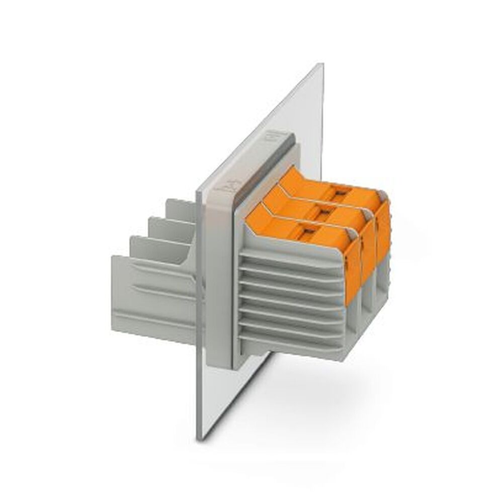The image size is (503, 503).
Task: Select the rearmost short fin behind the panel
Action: [x=179, y=209]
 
